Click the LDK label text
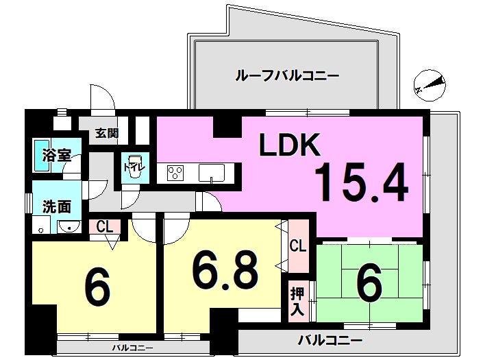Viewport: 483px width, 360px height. (289, 144)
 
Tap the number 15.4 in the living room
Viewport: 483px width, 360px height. (362, 182)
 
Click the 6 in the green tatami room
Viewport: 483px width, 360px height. (370, 283)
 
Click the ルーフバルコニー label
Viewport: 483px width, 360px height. (287, 75)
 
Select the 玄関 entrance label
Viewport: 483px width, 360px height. (107, 133)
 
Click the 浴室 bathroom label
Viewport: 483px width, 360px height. (57, 156)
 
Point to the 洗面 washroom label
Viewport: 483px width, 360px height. (57, 206)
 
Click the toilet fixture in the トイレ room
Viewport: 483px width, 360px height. (134, 167)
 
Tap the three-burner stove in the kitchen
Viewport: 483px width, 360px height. (175, 173)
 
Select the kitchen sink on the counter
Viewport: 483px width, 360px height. (211, 173)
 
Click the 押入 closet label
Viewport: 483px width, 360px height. (297, 302)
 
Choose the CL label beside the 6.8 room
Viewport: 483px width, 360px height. (298, 245)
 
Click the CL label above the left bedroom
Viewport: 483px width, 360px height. (104, 227)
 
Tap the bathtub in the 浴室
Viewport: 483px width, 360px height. (42, 156)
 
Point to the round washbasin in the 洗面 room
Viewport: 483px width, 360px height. (69, 227)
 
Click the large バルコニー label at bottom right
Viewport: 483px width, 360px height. (330, 341)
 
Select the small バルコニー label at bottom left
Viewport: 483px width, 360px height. (132, 348)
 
